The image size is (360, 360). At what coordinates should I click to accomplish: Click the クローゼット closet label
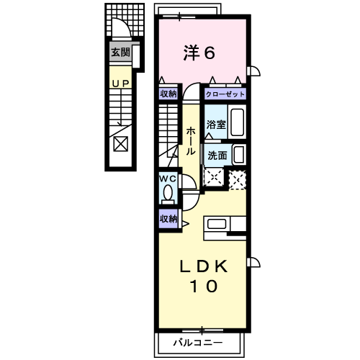point(225,94)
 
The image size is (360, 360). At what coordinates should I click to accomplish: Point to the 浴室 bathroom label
point(217,125)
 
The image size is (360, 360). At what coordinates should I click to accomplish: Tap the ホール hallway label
point(189,141)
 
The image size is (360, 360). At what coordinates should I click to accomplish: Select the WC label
point(168,179)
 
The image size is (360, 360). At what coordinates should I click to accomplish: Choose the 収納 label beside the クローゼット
point(168,94)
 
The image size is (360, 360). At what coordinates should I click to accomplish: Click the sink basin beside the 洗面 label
point(238,155)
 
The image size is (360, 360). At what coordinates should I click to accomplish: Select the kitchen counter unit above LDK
point(226,228)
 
